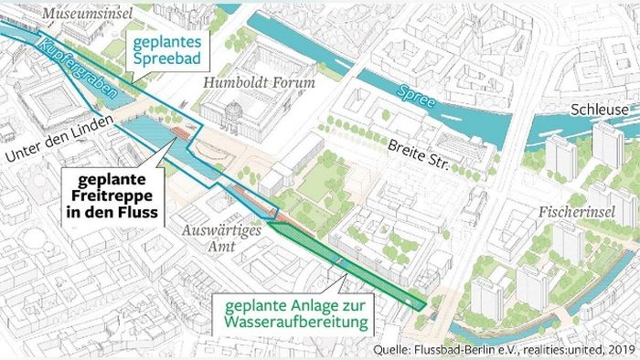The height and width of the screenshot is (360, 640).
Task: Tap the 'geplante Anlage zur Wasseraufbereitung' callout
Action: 290,313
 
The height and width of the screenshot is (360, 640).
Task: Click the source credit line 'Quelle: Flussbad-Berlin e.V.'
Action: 453,348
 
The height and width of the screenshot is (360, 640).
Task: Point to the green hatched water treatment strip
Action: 357,265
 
